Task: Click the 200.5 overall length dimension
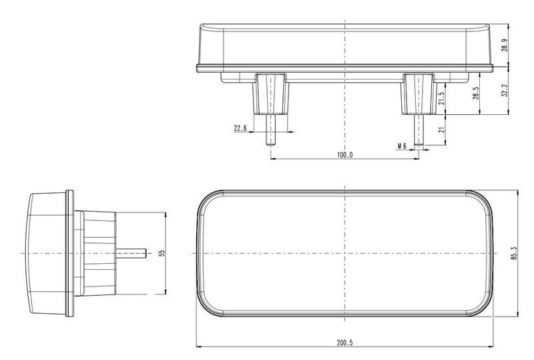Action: (344, 342)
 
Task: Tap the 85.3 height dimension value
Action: (514, 253)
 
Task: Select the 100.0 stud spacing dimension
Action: (344, 155)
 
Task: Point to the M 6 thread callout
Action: (403, 146)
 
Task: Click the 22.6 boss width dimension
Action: (240, 128)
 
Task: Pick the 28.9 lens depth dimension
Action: (505, 45)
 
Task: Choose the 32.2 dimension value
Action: (505, 91)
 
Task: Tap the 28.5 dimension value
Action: (476, 93)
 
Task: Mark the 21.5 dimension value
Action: (442, 98)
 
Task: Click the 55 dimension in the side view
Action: (162, 253)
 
